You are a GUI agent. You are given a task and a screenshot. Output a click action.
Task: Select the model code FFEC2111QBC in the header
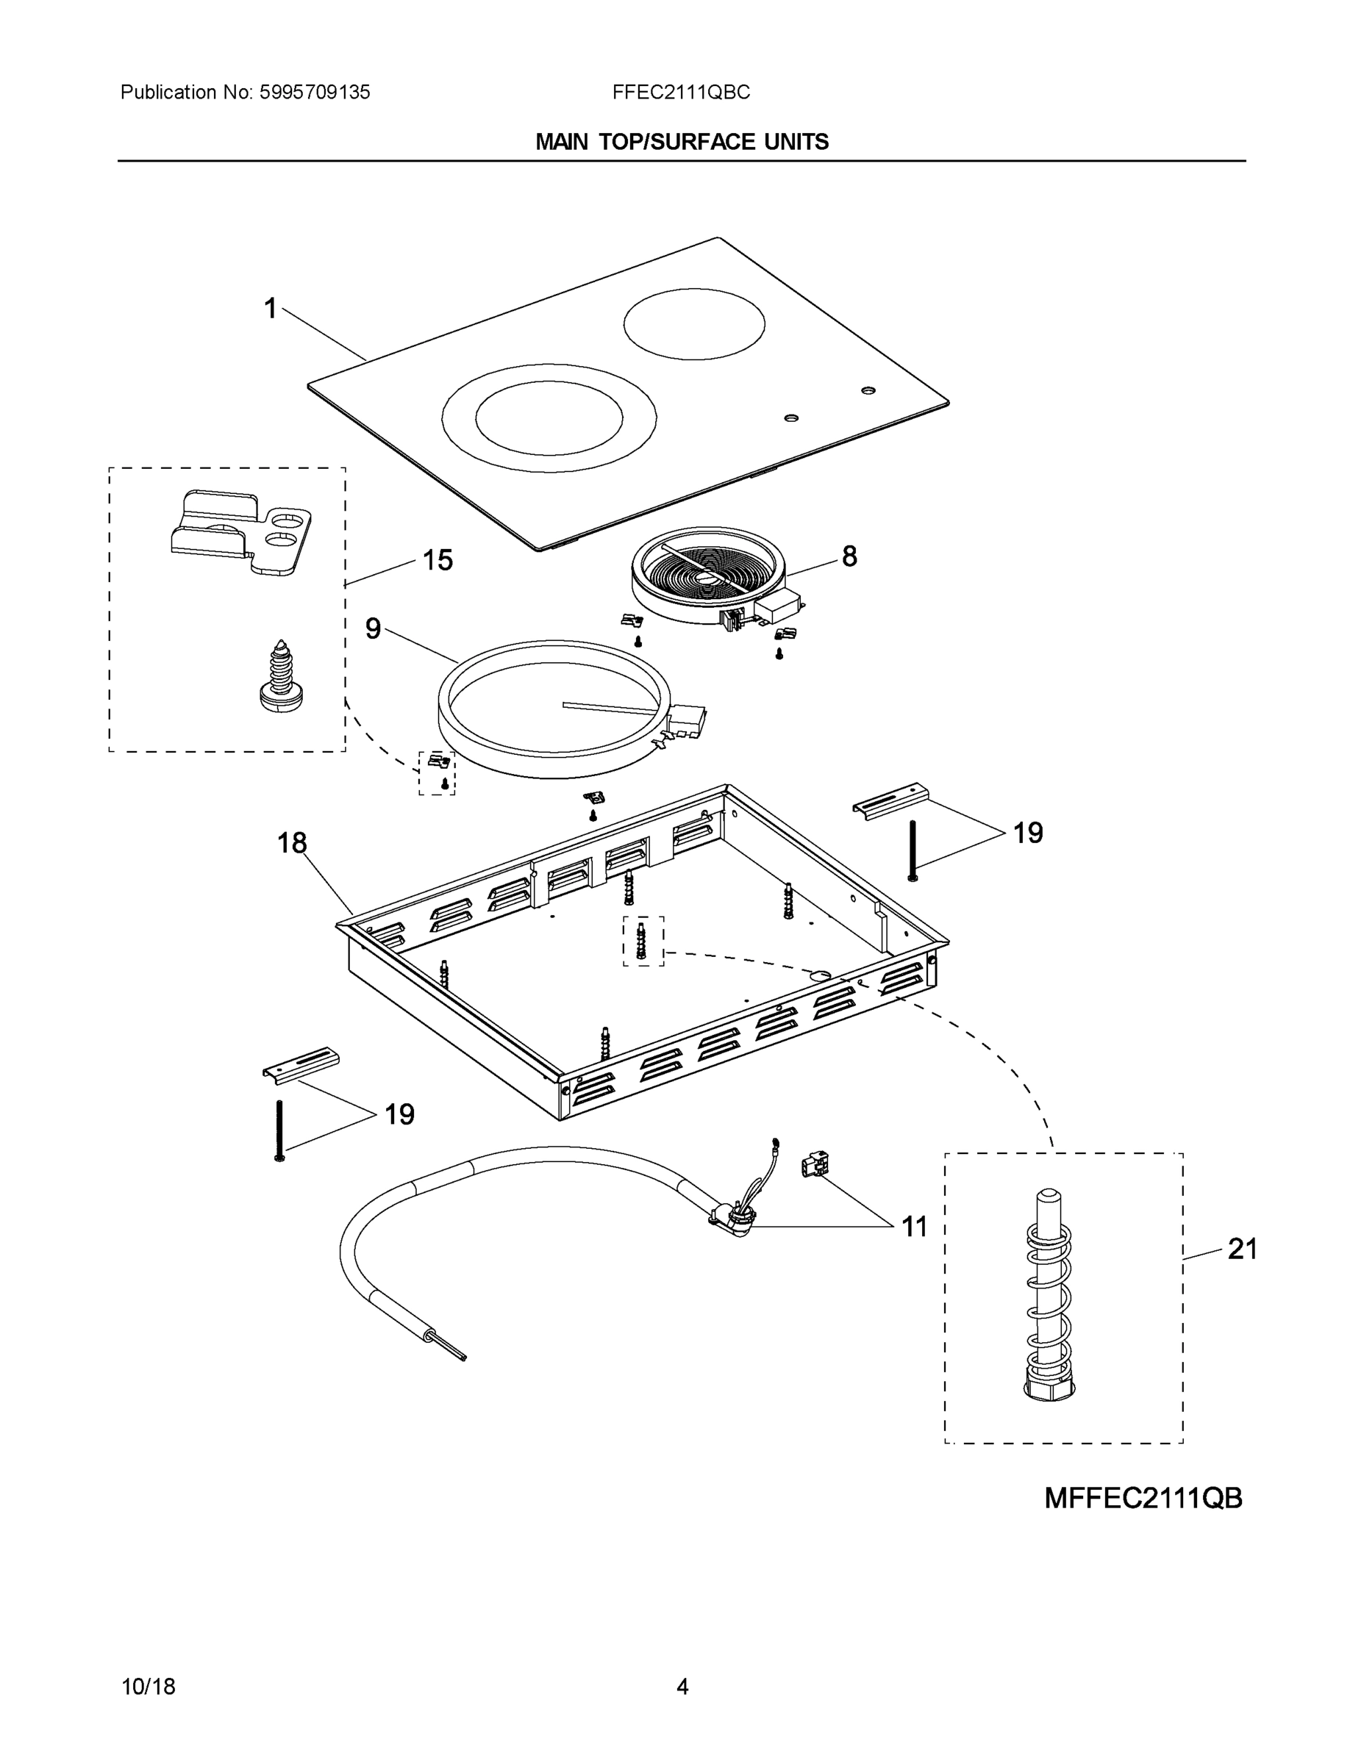(x=680, y=93)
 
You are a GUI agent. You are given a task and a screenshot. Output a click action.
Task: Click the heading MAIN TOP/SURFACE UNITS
(x=681, y=142)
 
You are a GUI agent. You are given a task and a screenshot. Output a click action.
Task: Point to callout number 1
(x=271, y=309)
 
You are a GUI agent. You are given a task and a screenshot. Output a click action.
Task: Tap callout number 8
(x=849, y=556)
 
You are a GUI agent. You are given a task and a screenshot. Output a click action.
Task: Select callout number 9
(x=373, y=628)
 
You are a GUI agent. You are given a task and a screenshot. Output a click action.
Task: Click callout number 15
(x=438, y=560)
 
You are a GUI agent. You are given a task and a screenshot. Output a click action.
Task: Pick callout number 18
(x=292, y=843)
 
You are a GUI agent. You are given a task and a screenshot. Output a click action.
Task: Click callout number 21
(x=1242, y=1249)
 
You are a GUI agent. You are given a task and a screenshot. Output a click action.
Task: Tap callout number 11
(x=914, y=1227)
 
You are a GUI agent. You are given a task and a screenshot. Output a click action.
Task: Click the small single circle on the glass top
(x=693, y=323)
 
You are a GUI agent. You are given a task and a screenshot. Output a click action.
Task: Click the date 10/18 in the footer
(x=148, y=1687)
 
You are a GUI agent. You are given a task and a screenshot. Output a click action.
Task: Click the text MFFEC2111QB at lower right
(x=1143, y=1498)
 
